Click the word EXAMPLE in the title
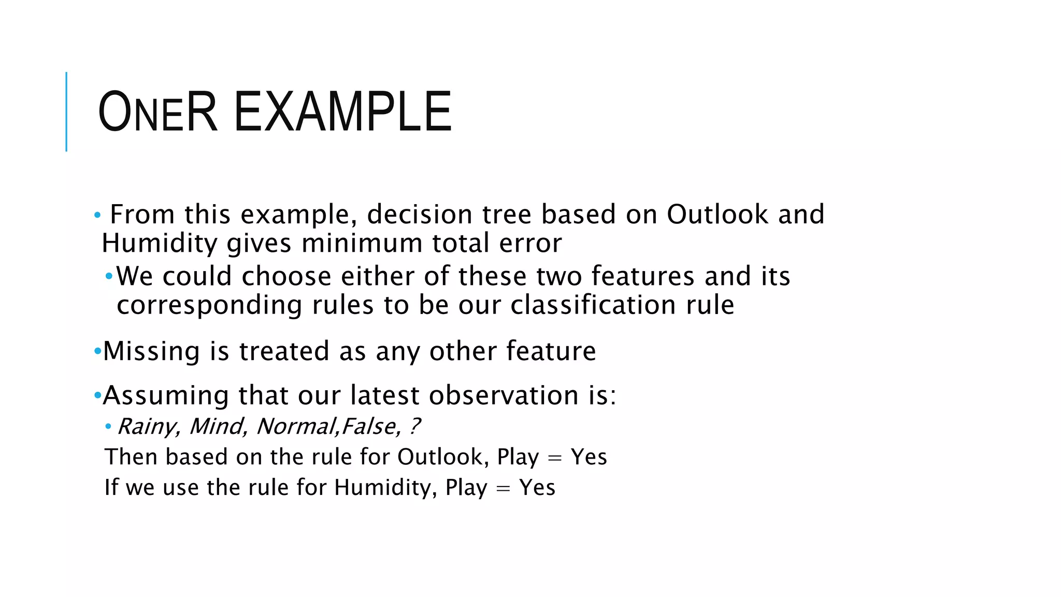pyautogui.click(x=342, y=112)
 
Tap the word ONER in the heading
pyautogui.click(x=157, y=112)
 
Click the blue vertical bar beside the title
pyautogui.click(x=66, y=111)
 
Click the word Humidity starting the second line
pyautogui.click(x=159, y=243)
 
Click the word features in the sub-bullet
pyautogui.click(x=642, y=276)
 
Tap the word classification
pyautogui.click(x=593, y=305)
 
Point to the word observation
pyautogui.click(x=503, y=395)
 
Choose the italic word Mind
pyautogui.click(x=218, y=427)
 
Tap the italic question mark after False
pyautogui.click(x=414, y=427)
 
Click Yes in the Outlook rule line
pyautogui.click(x=589, y=457)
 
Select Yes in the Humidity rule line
pyautogui.click(x=537, y=488)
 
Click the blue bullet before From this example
pyautogui.click(x=97, y=215)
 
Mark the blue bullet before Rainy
pyautogui.click(x=108, y=427)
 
